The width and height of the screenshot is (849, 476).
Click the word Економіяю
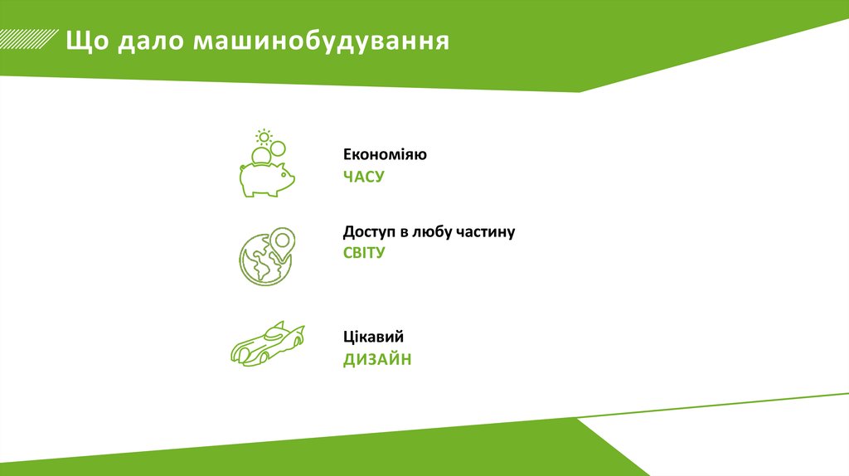[386, 155]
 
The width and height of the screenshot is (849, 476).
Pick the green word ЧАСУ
[364, 177]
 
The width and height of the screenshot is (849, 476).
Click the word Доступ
[371, 232]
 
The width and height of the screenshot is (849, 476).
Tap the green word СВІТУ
[365, 253]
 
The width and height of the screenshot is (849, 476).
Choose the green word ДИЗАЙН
[377, 359]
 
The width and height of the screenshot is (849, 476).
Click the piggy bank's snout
[290, 176]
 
